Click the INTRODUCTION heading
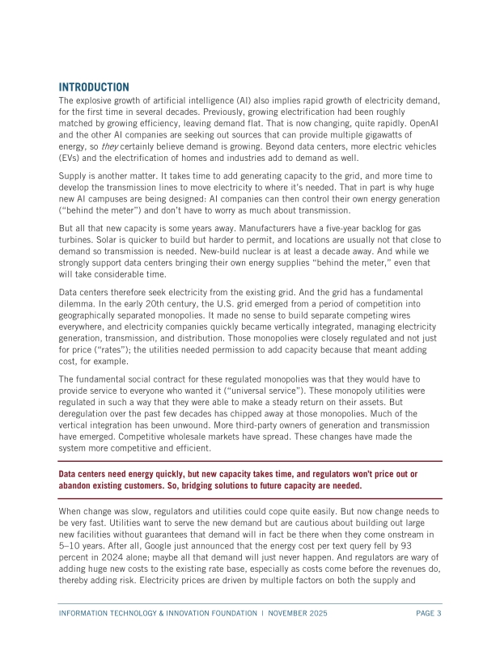pyautogui.click(x=94, y=87)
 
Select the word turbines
pyautogui.click(x=79, y=241)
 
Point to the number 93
pyautogui.click(x=431, y=547)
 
